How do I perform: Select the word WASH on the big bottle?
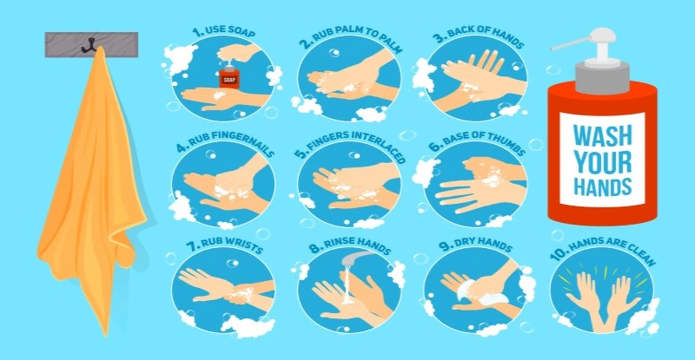602,135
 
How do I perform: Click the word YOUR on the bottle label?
602,161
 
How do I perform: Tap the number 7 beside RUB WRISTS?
193,246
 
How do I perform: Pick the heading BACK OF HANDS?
486,36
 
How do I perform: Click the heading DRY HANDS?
483,244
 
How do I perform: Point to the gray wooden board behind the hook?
92,45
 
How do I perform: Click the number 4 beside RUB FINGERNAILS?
182,146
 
